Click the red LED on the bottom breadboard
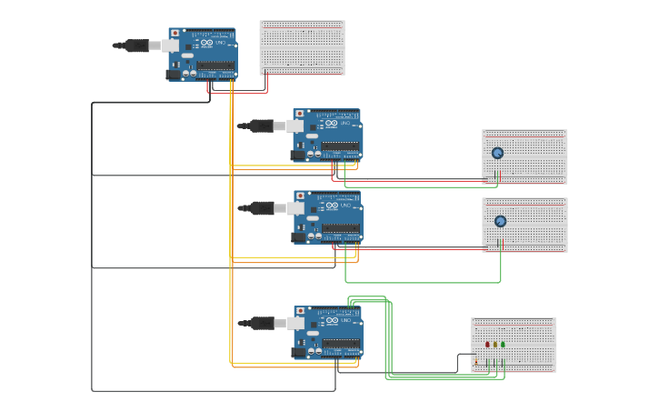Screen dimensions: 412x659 [487, 345]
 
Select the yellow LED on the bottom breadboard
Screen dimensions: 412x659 [495, 345]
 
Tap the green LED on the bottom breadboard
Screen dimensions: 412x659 [504, 345]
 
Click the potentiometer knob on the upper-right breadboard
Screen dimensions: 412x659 [497, 153]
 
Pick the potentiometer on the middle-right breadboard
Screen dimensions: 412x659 [500, 221]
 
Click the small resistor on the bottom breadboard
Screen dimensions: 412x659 [475, 361]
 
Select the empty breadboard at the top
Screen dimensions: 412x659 [302, 47]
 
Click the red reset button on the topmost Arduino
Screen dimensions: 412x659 [175, 33]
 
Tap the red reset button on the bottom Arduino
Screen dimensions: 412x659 [300, 311]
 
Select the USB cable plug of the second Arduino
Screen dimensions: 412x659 [263, 126]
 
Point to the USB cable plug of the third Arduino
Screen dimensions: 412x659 [263, 208]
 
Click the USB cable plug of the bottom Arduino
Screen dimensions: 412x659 [263, 323]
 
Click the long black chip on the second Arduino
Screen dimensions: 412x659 [340, 146]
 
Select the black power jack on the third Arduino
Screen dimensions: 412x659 [299, 236]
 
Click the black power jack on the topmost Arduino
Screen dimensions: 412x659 [174, 75]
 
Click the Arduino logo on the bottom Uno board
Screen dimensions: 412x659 [332, 321]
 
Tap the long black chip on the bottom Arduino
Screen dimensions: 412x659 [340, 344]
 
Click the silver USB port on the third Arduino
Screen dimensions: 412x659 [295, 208]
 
